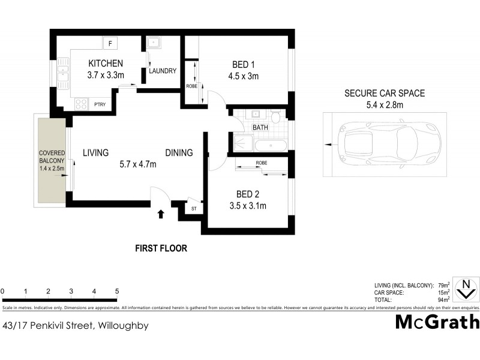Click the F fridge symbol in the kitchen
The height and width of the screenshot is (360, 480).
[x=110, y=43]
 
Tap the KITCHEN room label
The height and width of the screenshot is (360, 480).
[x=106, y=63]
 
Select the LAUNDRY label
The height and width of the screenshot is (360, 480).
[x=163, y=71]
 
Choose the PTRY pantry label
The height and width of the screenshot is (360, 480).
[x=100, y=104]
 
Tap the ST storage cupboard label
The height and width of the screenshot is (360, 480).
[x=193, y=208]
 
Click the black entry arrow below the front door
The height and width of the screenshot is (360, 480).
[x=160, y=214]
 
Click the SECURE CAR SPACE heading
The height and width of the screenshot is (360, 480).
[x=384, y=93]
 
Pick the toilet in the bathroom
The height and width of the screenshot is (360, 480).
[x=275, y=115]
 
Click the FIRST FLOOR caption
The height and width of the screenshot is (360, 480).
[x=161, y=247]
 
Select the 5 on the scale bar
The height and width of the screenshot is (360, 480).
[x=116, y=292]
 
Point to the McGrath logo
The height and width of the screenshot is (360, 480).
[x=437, y=322]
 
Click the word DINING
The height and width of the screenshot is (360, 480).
[x=179, y=153]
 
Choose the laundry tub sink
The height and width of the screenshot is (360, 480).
[x=153, y=43]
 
